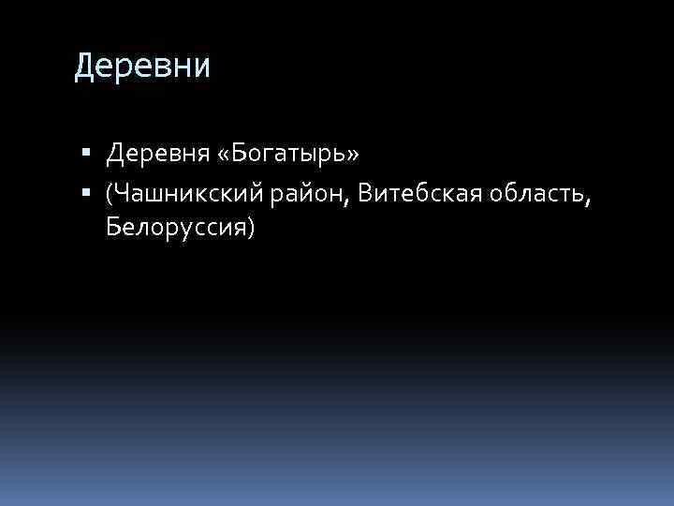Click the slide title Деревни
pos(142,67)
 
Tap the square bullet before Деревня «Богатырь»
pos(87,151)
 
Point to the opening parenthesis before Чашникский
pos(110,195)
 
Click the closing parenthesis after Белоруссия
pos(249,228)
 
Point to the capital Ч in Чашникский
pos(122,193)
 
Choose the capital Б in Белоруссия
pos(113,226)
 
